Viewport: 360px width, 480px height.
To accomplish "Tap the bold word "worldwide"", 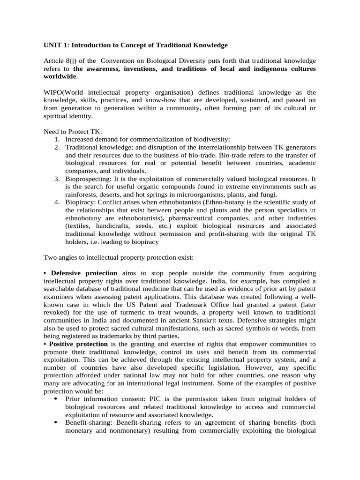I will (60, 76).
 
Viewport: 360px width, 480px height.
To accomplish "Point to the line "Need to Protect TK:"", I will (73, 132).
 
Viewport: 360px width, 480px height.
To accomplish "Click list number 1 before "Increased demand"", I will (56, 139).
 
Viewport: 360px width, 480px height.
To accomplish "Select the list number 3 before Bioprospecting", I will (56, 179).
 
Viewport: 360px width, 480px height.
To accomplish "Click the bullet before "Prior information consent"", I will (56, 399).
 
